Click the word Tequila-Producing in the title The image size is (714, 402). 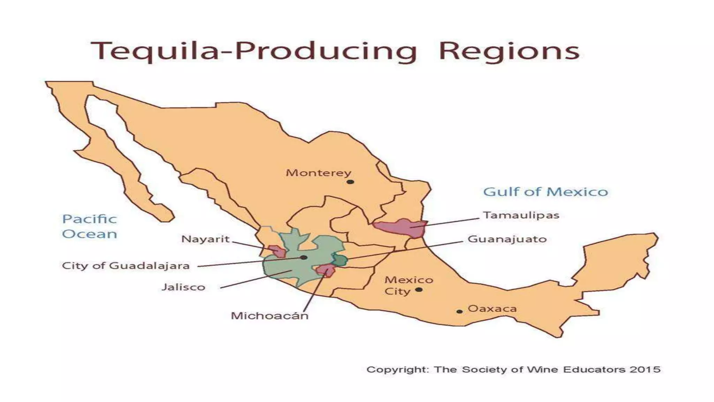pyautogui.click(x=254, y=51)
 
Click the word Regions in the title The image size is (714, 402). pyautogui.click(x=509, y=51)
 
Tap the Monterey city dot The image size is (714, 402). pyautogui.click(x=350, y=182)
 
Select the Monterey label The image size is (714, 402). pyautogui.click(x=318, y=173)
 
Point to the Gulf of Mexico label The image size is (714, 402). pyautogui.click(x=545, y=192)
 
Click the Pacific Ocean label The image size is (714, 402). pyautogui.click(x=90, y=226)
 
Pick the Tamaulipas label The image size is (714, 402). pyautogui.click(x=521, y=215)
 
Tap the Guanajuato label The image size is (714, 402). pyautogui.click(x=507, y=239)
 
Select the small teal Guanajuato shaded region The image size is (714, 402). pyautogui.click(x=340, y=260)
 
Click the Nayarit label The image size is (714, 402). pyautogui.click(x=205, y=239)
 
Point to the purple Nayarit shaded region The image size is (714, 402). pyautogui.click(x=277, y=251)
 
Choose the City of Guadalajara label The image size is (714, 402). pyautogui.click(x=126, y=266)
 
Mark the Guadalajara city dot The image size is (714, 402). pyautogui.click(x=304, y=258)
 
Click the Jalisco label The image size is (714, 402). pyautogui.click(x=183, y=287)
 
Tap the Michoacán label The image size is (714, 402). pyautogui.click(x=269, y=316)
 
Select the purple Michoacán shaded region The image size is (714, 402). pyautogui.click(x=326, y=270)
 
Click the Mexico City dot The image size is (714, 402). pyautogui.click(x=419, y=290)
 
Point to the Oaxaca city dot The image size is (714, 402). pyautogui.click(x=459, y=311)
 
